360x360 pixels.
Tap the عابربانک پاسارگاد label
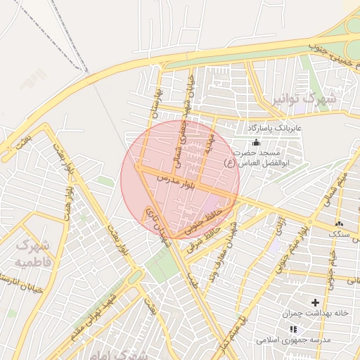[x=274, y=129]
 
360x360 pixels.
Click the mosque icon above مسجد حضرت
[x=255, y=143]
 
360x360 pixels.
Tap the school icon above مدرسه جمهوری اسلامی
[x=293, y=328]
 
